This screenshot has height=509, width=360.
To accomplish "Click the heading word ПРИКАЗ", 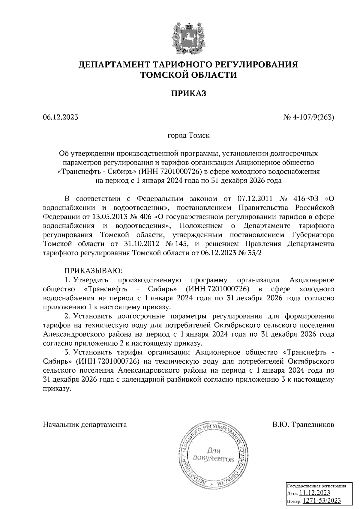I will pyautogui.click(x=189, y=94).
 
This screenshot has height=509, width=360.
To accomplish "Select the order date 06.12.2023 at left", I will pyautogui.click(x=61, y=117).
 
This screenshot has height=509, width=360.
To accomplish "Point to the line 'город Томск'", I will pyautogui.click(x=188, y=135).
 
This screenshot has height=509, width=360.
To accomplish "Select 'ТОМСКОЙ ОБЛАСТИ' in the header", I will pyautogui.click(x=189, y=75).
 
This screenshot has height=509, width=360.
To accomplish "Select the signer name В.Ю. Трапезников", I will pyautogui.click(x=303, y=425).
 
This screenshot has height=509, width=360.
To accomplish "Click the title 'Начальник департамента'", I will pyautogui.click(x=85, y=425).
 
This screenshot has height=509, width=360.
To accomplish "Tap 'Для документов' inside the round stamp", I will pyautogui.click(x=213, y=454).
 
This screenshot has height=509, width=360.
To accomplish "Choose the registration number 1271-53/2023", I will pyautogui.click(x=321, y=501).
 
